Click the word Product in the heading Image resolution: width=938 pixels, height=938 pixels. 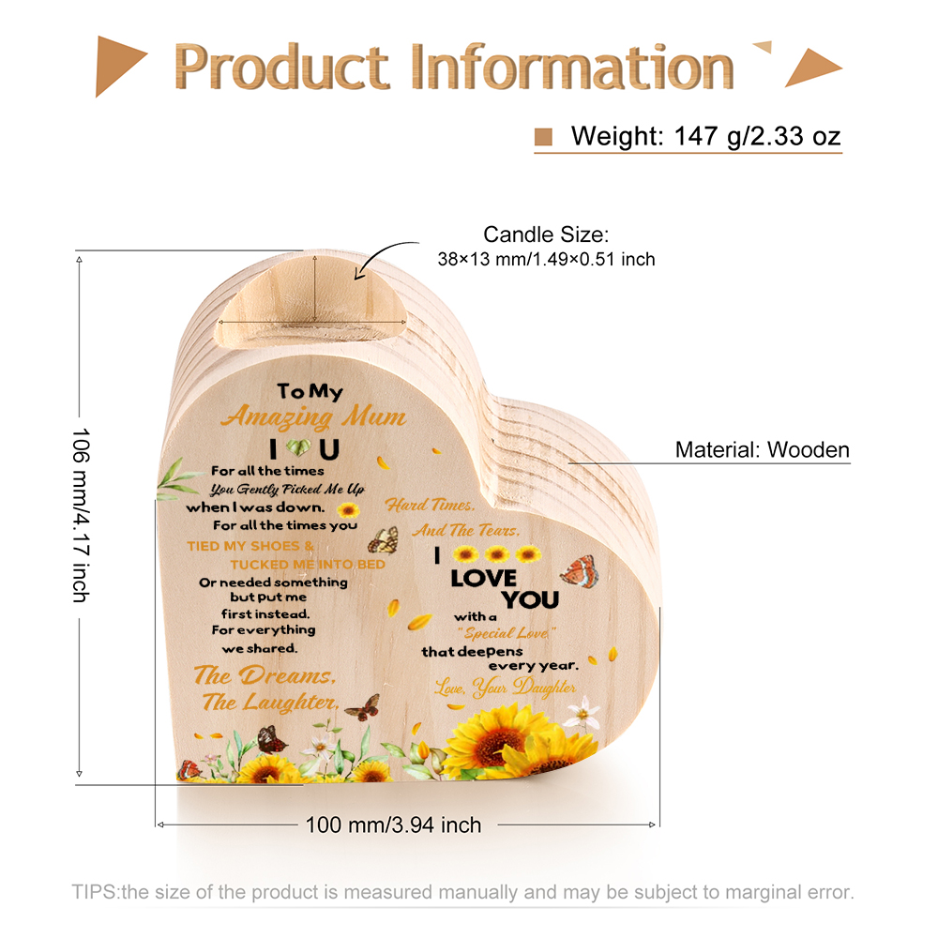pos(281,66)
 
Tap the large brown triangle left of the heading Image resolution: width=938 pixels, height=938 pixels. pos(120,66)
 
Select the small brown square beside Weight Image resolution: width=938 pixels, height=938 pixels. pos(543,136)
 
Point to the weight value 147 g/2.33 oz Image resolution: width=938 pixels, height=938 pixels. pos(757,136)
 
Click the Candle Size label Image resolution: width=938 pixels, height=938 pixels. pos(546,234)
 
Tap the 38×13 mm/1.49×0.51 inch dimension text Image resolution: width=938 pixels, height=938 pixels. pos(546,259)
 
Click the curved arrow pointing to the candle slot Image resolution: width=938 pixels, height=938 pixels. pos(386,259)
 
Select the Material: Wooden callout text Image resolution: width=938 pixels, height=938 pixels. pos(762,450)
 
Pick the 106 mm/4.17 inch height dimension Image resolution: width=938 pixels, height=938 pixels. pos(81,515)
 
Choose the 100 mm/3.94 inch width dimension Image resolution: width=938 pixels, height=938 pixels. pos(393,825)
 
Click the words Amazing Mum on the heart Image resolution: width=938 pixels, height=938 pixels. pos(314,416)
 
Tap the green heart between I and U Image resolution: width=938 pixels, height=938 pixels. pos(298,446)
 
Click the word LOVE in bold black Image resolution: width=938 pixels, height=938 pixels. pos(483,579)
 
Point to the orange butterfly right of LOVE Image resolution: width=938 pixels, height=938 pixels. pos(579,571)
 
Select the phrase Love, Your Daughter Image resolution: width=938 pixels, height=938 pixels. pos(505,688)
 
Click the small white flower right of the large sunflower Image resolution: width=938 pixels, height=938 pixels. pos(582,713)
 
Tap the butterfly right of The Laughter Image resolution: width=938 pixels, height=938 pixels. pos(363,707)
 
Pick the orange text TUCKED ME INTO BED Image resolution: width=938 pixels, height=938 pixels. pos(308,564)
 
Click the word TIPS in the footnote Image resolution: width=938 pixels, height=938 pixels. pos(95,892)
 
